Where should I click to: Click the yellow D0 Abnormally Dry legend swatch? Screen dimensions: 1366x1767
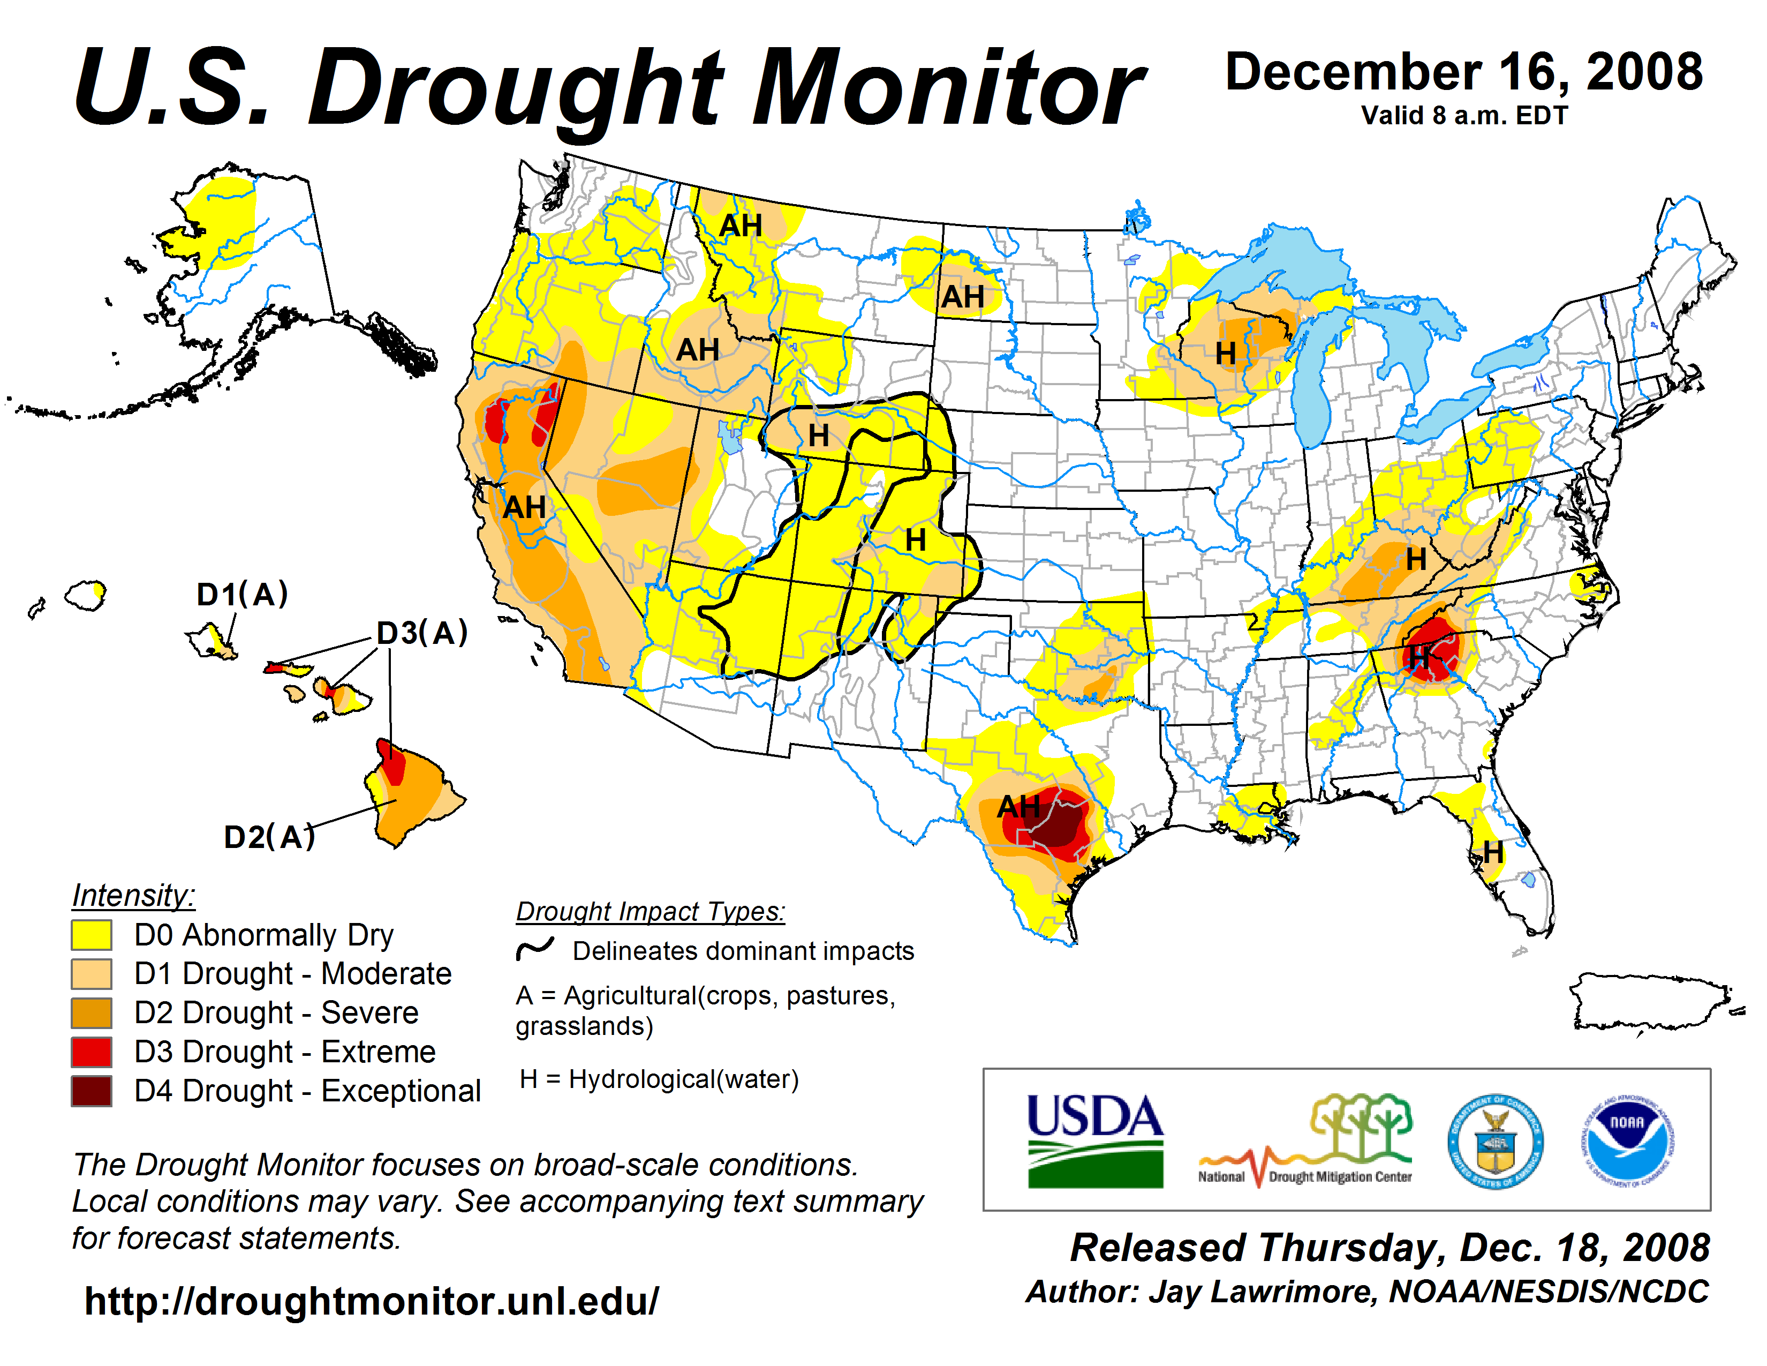coord(92,935)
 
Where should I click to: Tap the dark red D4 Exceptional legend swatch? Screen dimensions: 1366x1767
coord(92,1091)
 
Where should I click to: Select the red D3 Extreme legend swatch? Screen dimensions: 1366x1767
coord(92,1052)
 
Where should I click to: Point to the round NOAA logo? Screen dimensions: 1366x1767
coord(1627,1141)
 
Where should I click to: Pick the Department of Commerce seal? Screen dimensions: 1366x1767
coord(1495,1141)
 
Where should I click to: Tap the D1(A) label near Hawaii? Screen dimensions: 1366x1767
coord(242,595)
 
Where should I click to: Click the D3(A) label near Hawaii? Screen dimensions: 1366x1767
coord(422,633)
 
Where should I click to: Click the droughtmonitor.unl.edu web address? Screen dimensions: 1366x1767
coord(372,1301)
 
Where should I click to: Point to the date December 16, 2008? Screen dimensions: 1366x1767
coord(1464,72)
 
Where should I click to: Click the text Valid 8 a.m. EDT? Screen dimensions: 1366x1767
coord(1464,116)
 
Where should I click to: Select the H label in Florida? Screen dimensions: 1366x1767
coord(1493,852)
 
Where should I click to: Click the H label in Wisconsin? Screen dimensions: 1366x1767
coord(1225,354)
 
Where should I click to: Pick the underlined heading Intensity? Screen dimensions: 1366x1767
coord(133,895)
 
